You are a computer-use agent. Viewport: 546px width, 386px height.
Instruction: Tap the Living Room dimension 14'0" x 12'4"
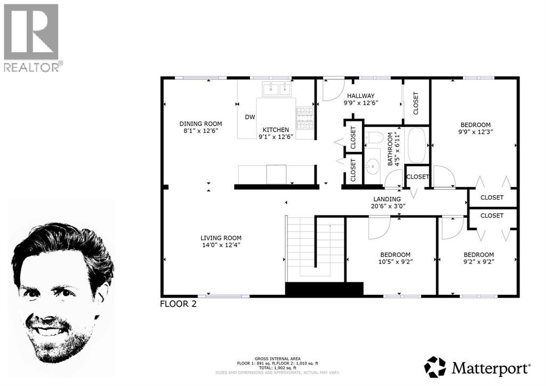click(x=221, y=246)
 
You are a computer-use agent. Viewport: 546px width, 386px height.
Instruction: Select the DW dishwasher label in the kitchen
click(x=250, y=117)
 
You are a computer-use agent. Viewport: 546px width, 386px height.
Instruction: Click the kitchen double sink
click(x=276, y=88)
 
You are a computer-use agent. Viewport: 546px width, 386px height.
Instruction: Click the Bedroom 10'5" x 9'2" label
click(x=395, y=254)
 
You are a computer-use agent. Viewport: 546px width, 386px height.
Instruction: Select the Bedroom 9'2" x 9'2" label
click(x=478, y=254)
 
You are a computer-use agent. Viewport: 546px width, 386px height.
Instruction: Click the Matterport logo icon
click(x=435, y=367)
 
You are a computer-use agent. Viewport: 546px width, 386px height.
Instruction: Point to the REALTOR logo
click(x=31, y=37)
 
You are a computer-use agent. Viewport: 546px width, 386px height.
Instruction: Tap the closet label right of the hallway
click(x=416, y=103)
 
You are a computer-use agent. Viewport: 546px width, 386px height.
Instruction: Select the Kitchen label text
click(x=276, y=130)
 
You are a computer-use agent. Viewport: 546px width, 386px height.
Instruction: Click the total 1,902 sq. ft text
click(x=272, y=368)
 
